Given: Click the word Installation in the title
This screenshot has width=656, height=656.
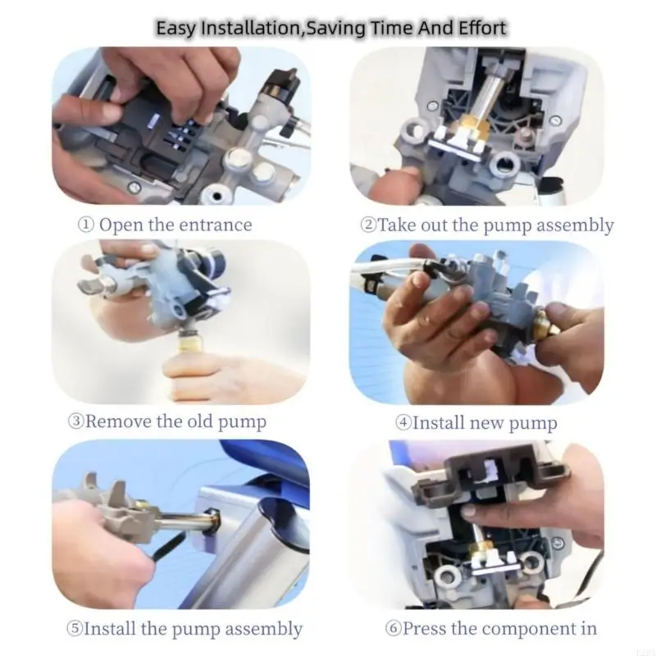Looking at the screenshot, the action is click(x=250, y=29).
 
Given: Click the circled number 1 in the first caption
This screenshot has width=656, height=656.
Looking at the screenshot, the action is click(x=86, y=225).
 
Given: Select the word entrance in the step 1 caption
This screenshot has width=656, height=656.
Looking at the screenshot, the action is click(x=216, y=225).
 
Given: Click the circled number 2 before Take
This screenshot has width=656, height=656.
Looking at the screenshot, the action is click(x=368, y=225).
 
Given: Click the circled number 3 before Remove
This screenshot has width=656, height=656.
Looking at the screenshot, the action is click(x=75, y=421).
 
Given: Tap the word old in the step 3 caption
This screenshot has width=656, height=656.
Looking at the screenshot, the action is click(x=201, y=421).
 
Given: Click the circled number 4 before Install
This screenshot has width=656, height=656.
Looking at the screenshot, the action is click(x=403, y=422).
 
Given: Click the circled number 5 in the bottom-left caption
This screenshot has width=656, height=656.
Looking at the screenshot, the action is click(x=74, y=629).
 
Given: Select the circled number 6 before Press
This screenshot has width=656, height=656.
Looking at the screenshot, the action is click(x=393, y=628).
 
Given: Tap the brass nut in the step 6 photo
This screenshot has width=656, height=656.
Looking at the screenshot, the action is click(x=482, y=549).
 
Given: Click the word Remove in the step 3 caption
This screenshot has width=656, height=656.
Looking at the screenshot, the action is click(x=118, y=421).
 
